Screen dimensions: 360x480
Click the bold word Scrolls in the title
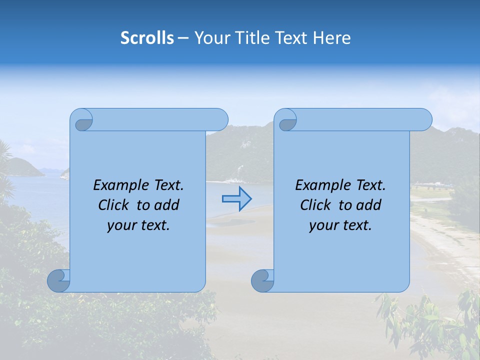point(147,38)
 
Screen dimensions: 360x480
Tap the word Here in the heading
point(332,38)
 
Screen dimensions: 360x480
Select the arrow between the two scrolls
point(236,199)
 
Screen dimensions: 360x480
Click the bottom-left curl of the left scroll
point(58,280)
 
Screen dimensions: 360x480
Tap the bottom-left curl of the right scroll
point(262,280)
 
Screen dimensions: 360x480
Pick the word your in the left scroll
point(121,226)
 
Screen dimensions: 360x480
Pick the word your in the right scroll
point(323,226)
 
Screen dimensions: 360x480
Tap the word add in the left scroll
point(167,205)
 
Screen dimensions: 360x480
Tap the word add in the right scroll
point(369,205)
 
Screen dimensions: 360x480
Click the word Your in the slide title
point(210,38)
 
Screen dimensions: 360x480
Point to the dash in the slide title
point(182,38)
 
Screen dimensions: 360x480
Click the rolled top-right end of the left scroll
point(217,119)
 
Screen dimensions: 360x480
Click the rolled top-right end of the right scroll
point(421,119)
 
